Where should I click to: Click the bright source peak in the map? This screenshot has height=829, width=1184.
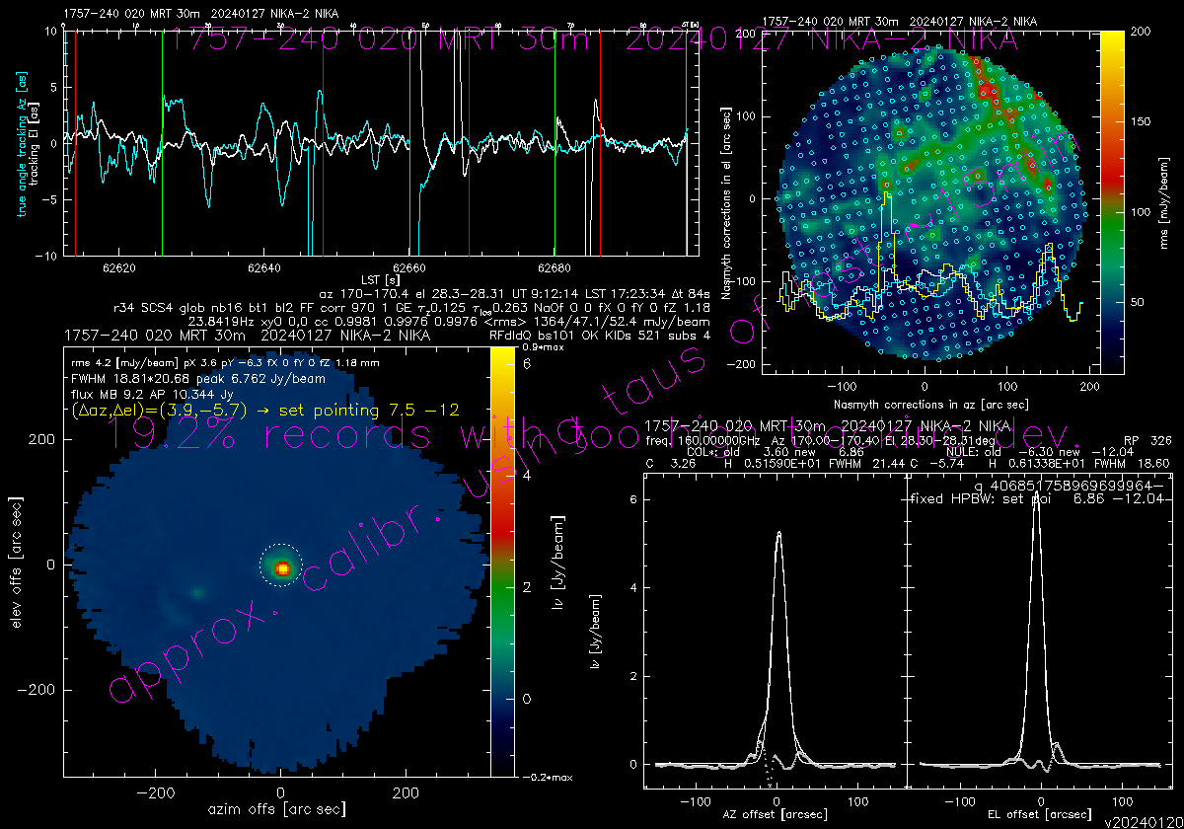(283, 568)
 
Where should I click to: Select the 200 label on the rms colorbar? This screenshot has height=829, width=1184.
(1140, 33)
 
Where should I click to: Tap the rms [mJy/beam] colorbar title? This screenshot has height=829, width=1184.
(1167, 202)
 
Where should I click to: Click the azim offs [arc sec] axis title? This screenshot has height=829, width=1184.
(278, 809)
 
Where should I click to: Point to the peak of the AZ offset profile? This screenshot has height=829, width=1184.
(779, 532)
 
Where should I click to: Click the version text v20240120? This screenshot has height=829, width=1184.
(1143, 821)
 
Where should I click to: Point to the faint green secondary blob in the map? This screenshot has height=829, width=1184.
(197, 592)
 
